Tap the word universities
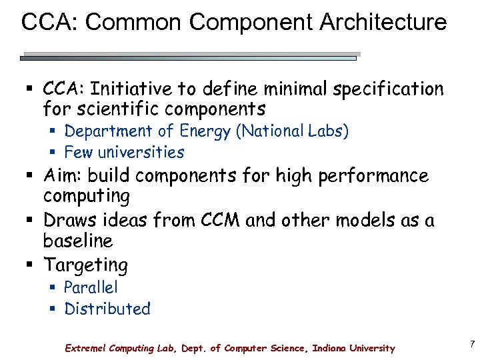click(x=141, y=152)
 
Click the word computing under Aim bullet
click(x=87, y=197)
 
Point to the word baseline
click(x=78, y=240)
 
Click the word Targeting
click(x=86, y=265)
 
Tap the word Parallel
click(x=91, y=287)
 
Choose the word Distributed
click(x=107, y=309)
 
